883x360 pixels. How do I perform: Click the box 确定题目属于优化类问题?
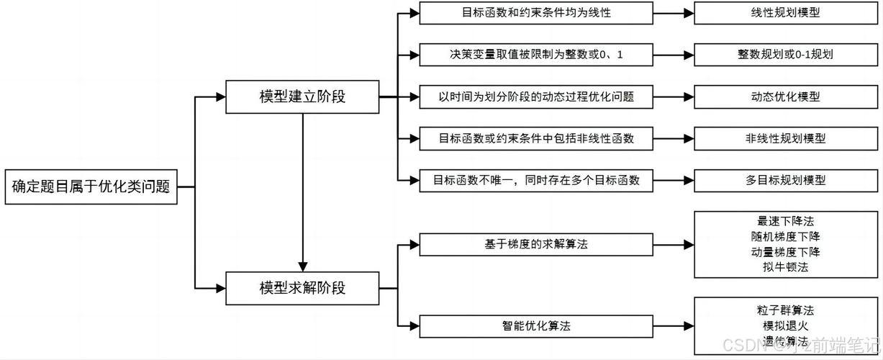tap(91, 187)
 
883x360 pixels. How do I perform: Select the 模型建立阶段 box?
tap(302, 96)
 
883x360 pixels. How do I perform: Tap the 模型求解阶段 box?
tap(302, 288)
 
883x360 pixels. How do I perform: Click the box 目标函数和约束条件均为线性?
tap(536, 13)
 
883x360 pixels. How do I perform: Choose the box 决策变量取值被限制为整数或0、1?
tap(536, 54)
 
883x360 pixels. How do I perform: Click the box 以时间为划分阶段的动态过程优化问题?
tap(536, 96)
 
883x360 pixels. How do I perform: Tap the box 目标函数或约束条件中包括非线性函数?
tap(536, 138)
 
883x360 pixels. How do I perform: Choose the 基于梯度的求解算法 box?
tap(536, 245)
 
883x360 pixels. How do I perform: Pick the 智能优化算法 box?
tap(536, 326)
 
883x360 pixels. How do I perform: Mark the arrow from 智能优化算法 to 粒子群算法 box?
tap(673, 326)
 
